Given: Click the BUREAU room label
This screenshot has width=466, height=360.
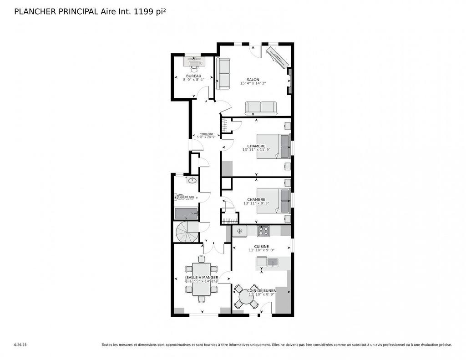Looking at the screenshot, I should [193, 76].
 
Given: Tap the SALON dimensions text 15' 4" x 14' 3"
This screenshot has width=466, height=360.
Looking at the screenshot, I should [253, 83].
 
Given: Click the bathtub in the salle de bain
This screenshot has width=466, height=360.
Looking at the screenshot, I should [187, 213].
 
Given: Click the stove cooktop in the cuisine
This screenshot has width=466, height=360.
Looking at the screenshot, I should [263, 231].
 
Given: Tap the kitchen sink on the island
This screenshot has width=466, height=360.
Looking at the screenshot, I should [273, 262].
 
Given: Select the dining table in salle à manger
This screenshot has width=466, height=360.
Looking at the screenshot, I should [201, 279].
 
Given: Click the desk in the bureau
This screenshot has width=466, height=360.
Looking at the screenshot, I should [194, 59].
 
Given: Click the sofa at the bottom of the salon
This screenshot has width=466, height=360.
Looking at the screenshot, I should [261, 108].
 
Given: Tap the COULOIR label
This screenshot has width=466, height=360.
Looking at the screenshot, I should [206, 134].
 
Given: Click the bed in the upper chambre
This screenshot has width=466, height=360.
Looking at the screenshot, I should [273, 146].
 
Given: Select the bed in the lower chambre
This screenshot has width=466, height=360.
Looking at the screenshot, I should [273, 201].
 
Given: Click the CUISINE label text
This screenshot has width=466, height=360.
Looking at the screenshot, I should [261, 246].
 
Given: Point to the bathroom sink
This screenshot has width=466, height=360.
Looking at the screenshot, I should [192, 181].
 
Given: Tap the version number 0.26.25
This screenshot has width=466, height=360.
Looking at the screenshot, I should [20, 345].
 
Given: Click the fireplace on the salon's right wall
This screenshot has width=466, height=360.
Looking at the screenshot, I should [289, 81].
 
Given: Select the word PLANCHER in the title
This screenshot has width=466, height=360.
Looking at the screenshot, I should [34, 12].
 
